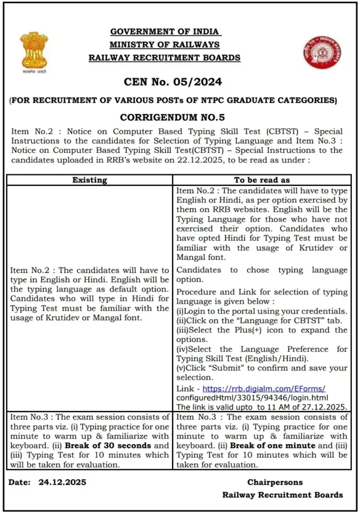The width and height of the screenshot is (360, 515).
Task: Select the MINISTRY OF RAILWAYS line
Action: (x=165, y=44)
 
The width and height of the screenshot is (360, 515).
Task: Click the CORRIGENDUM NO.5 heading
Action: (x=172, y=116)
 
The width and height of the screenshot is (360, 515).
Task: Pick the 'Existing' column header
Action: (x=90, y=180)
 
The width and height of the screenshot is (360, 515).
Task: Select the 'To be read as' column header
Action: (x=261, y=180)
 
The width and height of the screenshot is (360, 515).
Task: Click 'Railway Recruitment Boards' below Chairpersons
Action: (x=282, y=495)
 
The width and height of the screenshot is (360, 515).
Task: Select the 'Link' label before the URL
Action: (x=184, y=389)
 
